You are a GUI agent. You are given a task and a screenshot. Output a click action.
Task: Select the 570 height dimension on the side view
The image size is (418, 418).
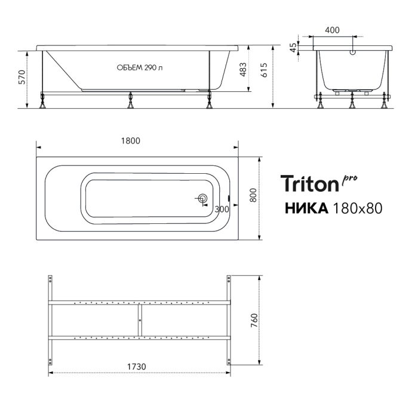tap(23, 77)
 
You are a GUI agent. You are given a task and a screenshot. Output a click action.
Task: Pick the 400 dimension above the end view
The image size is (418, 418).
tap(333, 29)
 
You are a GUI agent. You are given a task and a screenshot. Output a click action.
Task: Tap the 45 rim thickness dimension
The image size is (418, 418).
tap(293, 47)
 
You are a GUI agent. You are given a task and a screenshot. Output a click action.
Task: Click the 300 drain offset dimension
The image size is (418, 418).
tap(222, 209)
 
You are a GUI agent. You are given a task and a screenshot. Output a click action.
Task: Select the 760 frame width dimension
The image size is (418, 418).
tap(253, 321)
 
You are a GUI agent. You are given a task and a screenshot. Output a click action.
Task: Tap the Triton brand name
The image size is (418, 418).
tap(309, 184)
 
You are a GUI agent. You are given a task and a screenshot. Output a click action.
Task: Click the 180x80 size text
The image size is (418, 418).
tap(357, 208)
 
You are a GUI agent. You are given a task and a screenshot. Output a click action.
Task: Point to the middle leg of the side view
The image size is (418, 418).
tap(130, 101)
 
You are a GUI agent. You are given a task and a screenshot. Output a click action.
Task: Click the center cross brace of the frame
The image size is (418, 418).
tap(139, 321)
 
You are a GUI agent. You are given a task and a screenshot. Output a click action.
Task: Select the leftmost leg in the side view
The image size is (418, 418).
tap(43, 101)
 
